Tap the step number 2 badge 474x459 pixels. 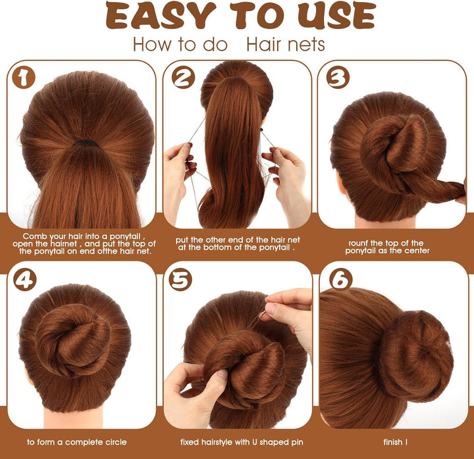pyautogui.click(x=183, y=78)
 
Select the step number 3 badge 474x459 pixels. pyautogui.click(x=337, y=78)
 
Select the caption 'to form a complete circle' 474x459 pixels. pyautogui.click(x=77, y=442)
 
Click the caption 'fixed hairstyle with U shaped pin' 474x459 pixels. pyautogui.click(x=237, y=442)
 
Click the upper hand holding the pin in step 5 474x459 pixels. pyautogui.click(x=290, y=313)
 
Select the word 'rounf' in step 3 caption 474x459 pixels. pyautogui.click(x=359, y=243)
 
